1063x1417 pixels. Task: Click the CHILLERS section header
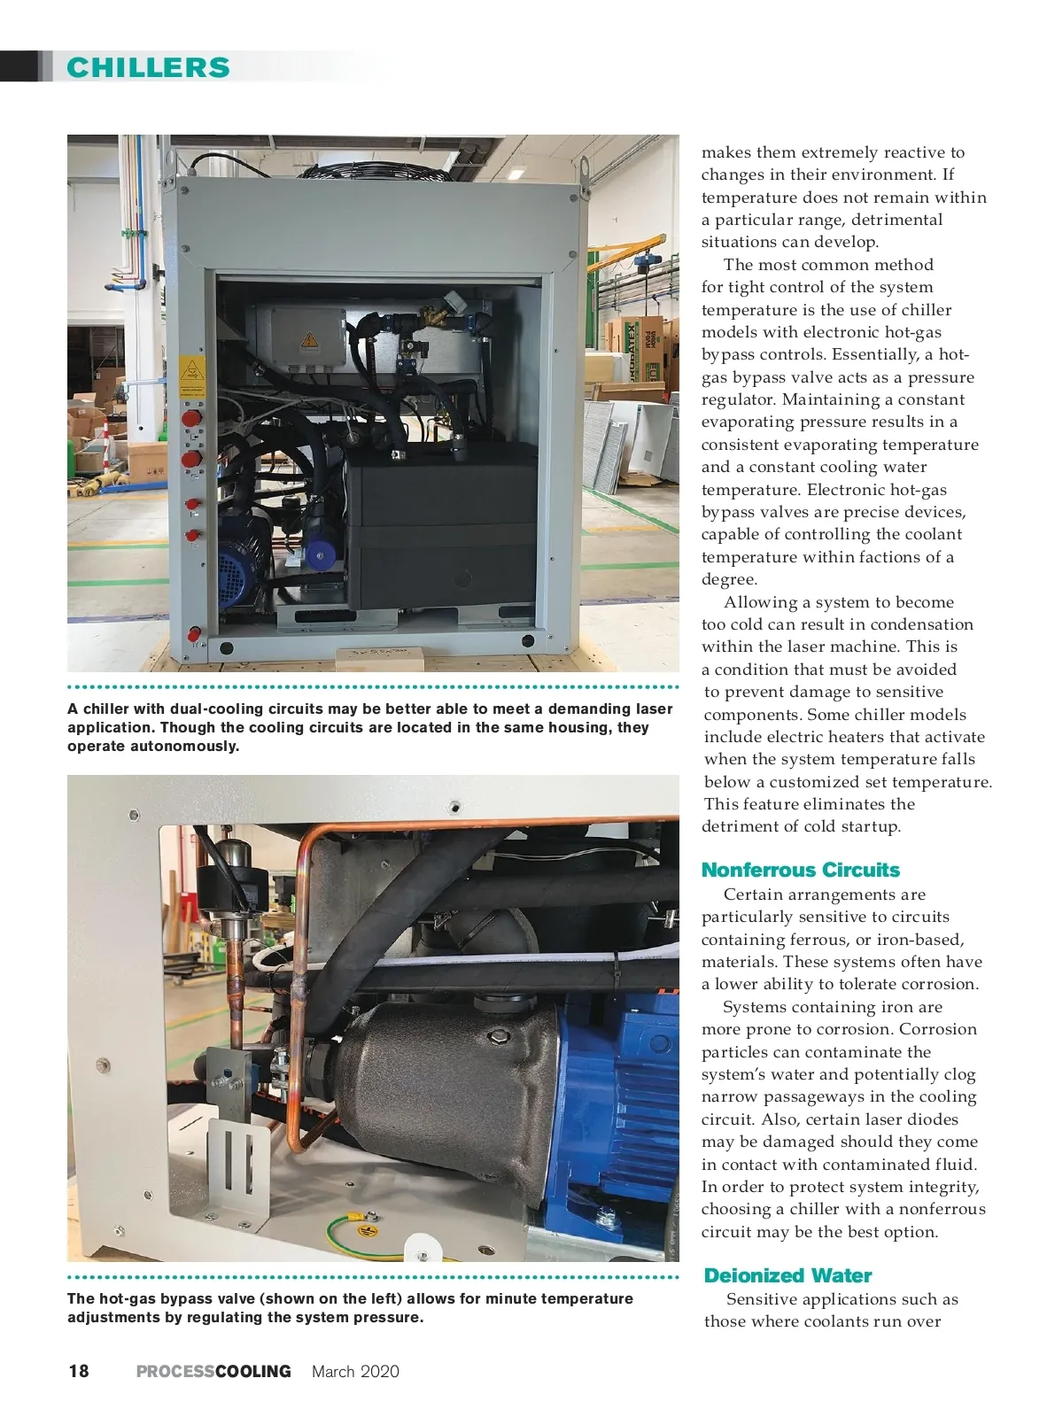coord(148,67)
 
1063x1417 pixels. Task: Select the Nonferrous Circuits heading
coord(800,870)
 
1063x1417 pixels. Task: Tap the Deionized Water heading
coord(788,1275)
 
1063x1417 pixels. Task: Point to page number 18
coord(79,1371)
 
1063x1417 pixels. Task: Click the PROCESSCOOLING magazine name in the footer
coord(213,1371)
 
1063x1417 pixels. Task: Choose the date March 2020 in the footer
coord(355,1371)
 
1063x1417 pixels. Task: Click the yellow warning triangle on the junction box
coord(308,339)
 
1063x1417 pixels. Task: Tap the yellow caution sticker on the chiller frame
coord(190,370)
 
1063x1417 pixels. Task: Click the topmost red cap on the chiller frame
coord(190,418)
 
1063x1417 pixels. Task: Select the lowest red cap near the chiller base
coord(194,634)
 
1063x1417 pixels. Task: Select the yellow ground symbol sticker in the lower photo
coord(366,1230)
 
